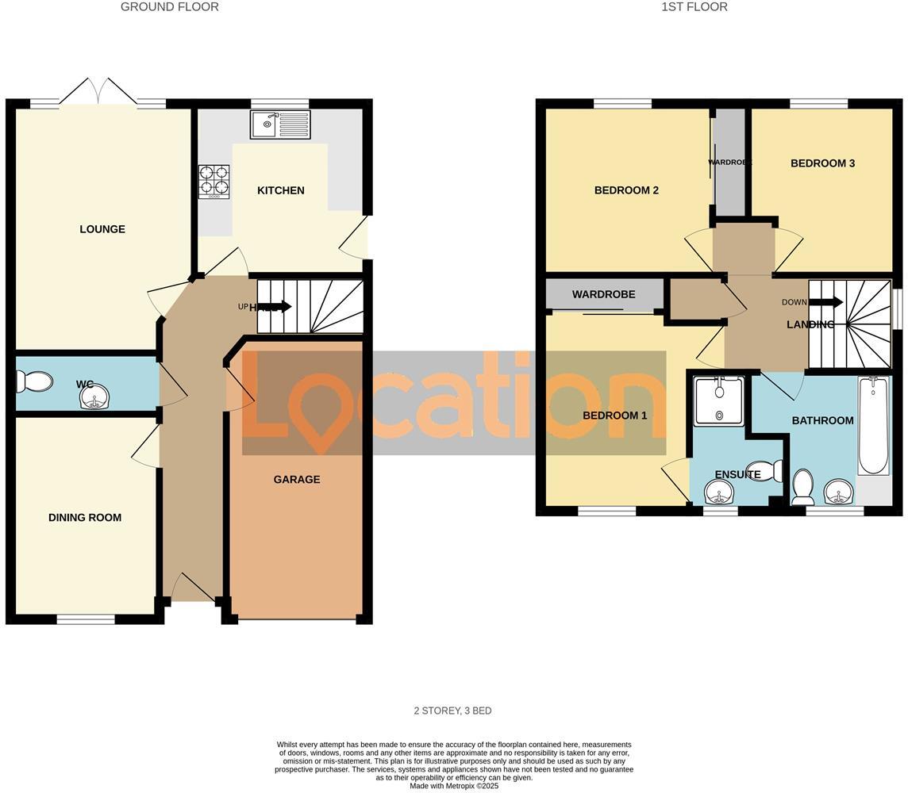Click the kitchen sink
280,124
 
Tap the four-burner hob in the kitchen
214,181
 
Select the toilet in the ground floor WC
34,382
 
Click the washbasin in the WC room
94,397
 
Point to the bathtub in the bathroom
874,426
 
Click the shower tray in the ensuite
718,401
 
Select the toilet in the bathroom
802,487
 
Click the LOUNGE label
102,229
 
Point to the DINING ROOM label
85,518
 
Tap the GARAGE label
297,479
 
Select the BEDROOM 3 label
822,163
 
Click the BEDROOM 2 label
626,190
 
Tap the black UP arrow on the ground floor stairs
275,307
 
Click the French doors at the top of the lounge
98,92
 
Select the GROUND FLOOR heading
169,7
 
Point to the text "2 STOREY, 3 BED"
452,711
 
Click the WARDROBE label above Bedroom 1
603,294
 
